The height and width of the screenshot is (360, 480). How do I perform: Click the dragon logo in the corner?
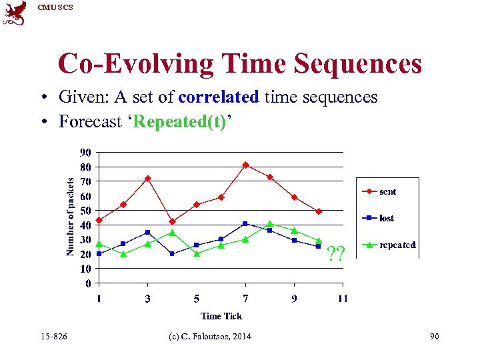pos(15,13)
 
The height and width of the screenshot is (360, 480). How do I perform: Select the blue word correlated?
pos(218,97)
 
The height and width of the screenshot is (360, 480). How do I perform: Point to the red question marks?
pos(335,253)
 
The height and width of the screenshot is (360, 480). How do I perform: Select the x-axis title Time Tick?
pos(221,316)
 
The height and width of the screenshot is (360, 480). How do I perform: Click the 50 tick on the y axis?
pos(87,211)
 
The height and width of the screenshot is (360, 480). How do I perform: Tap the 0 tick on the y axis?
pos(89,283)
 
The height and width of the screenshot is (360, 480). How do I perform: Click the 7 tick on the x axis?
pos(245,299)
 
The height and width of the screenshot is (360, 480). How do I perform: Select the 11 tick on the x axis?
pos(342,299)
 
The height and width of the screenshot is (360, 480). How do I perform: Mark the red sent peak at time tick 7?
pos(245,165)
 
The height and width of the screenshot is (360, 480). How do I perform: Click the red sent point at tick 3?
pos(148,179)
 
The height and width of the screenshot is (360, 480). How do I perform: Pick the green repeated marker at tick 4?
pos(172,233)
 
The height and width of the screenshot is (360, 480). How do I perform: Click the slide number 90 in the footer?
pos(435,337)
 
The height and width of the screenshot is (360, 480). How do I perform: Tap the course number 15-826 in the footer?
pos(53,337)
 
